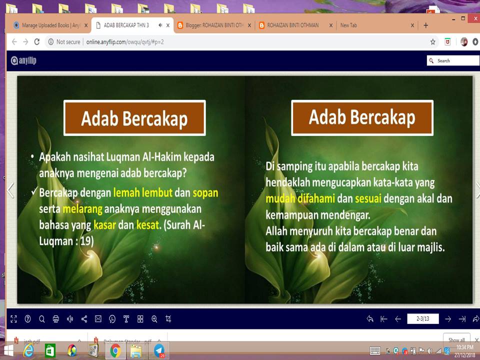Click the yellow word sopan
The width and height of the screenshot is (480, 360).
[205, 192]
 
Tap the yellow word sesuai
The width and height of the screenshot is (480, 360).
[368, 199]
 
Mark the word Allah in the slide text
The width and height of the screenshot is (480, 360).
[278, 231]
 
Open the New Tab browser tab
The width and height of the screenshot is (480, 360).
[348, 25]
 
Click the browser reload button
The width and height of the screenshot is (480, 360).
[36, 42]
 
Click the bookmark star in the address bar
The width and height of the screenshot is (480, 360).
[433, 42]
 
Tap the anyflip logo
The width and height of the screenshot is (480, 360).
[24, 60]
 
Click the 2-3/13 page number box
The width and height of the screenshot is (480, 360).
[423, 318]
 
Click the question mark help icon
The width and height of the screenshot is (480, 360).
[27, 318]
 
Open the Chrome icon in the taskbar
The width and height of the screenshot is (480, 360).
[115, 350]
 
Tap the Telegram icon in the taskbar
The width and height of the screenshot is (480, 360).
[159, 350]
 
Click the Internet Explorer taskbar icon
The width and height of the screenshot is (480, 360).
[29, 350]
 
